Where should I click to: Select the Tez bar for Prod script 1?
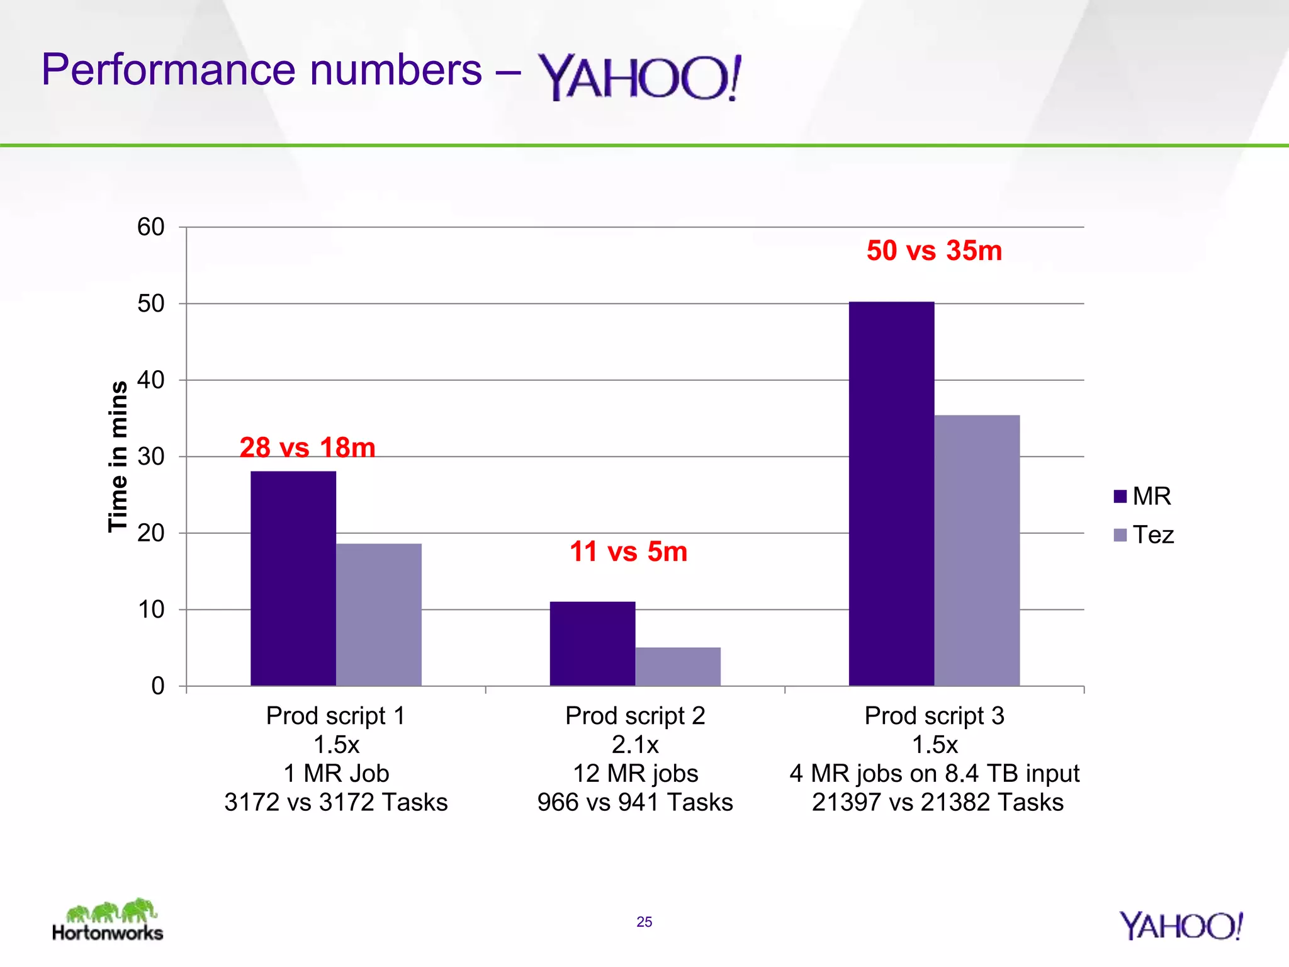(x=379, y=614)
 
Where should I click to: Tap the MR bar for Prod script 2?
(x=592, y=643)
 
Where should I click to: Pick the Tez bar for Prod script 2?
(x=678, y=666)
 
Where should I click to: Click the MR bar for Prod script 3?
(x=891, y=494)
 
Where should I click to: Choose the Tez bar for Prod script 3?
(x=977, y=550)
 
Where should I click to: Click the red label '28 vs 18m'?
(x=307, y=448)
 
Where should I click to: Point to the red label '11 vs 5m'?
(x=628, y=551)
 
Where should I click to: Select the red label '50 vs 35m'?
(x=934, y=251)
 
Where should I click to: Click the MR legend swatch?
(x=1120, y=496)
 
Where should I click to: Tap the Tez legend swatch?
(x=1120, y=535)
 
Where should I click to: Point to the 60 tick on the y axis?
(x=151, y=227)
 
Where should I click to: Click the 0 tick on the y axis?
(x=158, y=686)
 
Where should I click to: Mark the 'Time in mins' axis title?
(x=118, y=456)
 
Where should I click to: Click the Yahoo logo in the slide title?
(x=639, y=77)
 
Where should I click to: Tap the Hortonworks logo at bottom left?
(x=108, y=920)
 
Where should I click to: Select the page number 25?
(x=644, y=922)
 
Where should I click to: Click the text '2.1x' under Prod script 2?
(x=635, y=745)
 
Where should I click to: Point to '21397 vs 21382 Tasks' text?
(x=937, y=802)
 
